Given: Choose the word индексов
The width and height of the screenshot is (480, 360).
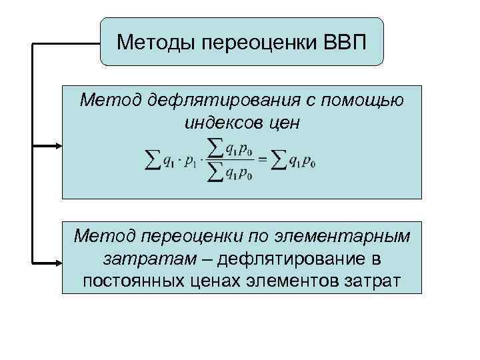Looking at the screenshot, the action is (x=218, y=123).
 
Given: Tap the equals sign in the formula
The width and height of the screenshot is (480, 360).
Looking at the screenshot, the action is (x=262, y=158).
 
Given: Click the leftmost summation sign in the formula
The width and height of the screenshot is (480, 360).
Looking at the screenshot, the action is (x=151, y=159).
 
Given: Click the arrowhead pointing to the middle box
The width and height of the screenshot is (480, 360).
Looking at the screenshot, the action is (x=59, y=145).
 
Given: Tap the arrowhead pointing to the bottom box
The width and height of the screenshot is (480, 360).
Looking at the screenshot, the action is (x=59, y=259).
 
